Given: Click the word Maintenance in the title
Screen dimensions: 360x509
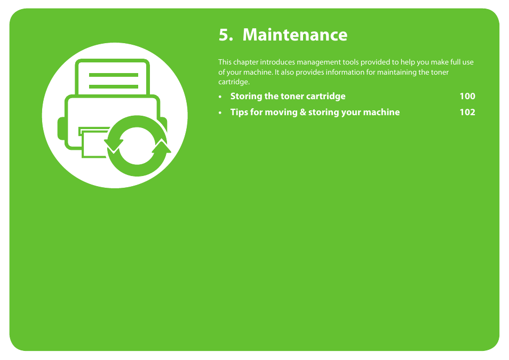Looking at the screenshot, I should tap(295, 35).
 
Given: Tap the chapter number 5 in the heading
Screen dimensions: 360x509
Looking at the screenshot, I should tap(224, 35).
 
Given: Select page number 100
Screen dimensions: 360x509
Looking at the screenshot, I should tap(467, 96).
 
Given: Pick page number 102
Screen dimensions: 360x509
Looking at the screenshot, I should tap(467, 112).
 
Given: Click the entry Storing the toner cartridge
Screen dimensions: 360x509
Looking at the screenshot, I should tap(288, 96).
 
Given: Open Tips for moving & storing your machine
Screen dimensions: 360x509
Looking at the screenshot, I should tap(315, 112).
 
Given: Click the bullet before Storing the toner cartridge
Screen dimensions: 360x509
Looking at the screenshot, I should tap(220, 97).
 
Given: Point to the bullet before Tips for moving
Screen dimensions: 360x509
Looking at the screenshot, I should tap(220, 113).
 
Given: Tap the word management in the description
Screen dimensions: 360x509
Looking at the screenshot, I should tap(316, 62).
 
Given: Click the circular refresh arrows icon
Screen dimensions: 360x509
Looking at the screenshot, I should tap(138, 146).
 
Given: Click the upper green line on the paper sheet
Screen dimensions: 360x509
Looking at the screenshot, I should tap(113, 75).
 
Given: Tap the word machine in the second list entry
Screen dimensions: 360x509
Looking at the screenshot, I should tap(383, 112).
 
